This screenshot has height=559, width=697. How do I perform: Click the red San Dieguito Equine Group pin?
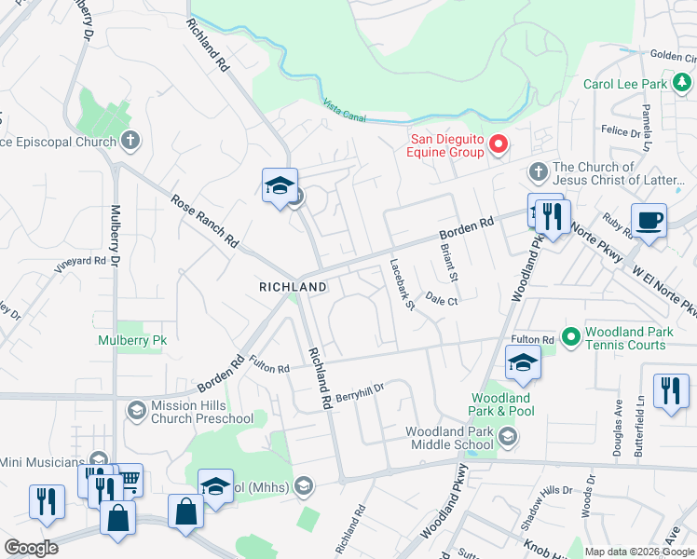(x=498, y=144)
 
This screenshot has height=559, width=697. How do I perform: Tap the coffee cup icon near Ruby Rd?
(x=649, y=221)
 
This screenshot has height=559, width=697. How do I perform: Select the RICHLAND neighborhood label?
(x=293, y=288)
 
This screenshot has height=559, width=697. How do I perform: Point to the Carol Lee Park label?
(x=625, y=84)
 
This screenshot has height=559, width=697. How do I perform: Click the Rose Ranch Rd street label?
(x=204, y=220)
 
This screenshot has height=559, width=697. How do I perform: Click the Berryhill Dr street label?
(x=361, y=386)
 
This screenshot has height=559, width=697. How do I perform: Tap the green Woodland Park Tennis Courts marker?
(x=571, y=334)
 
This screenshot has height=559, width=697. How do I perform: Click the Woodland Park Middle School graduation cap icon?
(x=507, y=436)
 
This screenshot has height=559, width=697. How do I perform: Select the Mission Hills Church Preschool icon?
(x=136, y=411)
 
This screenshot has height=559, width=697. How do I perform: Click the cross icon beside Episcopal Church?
(x=130, y=142)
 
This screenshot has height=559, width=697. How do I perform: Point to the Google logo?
(x=31, y=548)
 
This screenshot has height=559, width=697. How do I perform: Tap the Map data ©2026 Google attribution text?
(x=638, y=552)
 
